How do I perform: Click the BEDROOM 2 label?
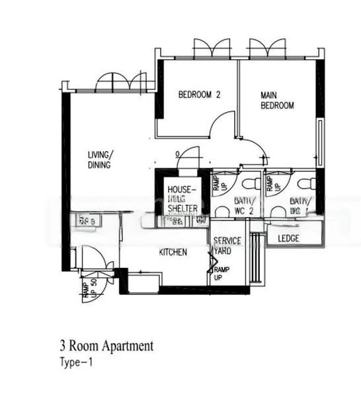point(198,95)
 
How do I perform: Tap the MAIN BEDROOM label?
point(276,100)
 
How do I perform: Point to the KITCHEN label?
point(173,252)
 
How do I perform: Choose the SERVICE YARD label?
point(227,246)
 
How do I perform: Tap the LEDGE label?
point(290,238)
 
